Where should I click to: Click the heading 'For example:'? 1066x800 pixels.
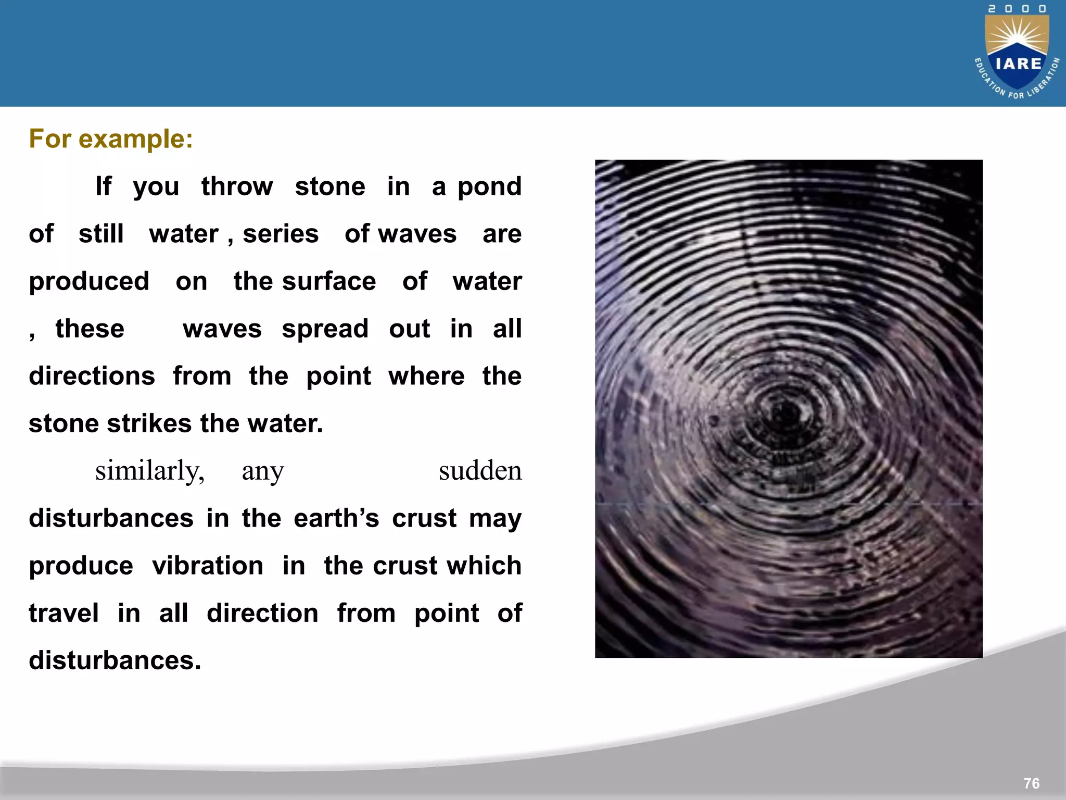(111, 139)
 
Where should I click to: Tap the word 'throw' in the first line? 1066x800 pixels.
(237, 186)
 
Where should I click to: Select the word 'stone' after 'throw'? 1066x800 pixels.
(330, 186)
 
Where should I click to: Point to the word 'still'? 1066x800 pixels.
(101, 233)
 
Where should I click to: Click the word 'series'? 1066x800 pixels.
(281, 234)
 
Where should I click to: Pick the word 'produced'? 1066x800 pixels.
(89, 282)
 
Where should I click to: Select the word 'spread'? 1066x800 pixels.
(325, 329)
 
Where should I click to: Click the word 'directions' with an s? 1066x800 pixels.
(92, 376)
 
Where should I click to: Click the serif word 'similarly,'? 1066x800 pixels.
(150, 471)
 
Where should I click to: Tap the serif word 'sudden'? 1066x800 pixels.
(480, 471)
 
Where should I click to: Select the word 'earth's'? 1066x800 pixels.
(336, 518)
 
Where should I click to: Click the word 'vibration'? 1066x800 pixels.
(208, 566)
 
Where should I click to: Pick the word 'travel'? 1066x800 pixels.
(64, 613)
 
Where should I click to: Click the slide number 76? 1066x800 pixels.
(1031, 783)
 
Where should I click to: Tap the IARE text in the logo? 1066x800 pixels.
(1018, 64)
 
